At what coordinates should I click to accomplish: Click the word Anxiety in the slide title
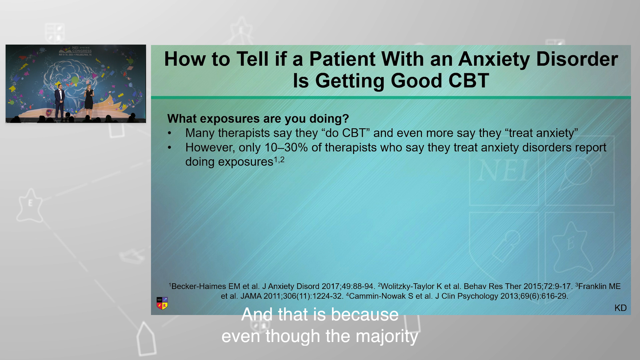point(494,59)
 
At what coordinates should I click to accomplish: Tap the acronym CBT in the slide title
point(469,81)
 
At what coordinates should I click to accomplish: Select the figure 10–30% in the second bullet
point(286,147)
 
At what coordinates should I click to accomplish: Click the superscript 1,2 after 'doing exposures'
point(279,160)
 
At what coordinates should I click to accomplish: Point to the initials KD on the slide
point(620,308)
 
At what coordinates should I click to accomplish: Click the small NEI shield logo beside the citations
point(162,303)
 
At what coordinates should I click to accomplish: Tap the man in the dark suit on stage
point(59,102)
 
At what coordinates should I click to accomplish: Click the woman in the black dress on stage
point(89,102)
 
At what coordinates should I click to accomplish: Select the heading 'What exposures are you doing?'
point(258,119)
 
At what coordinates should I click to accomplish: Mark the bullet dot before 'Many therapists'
point(170,133)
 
